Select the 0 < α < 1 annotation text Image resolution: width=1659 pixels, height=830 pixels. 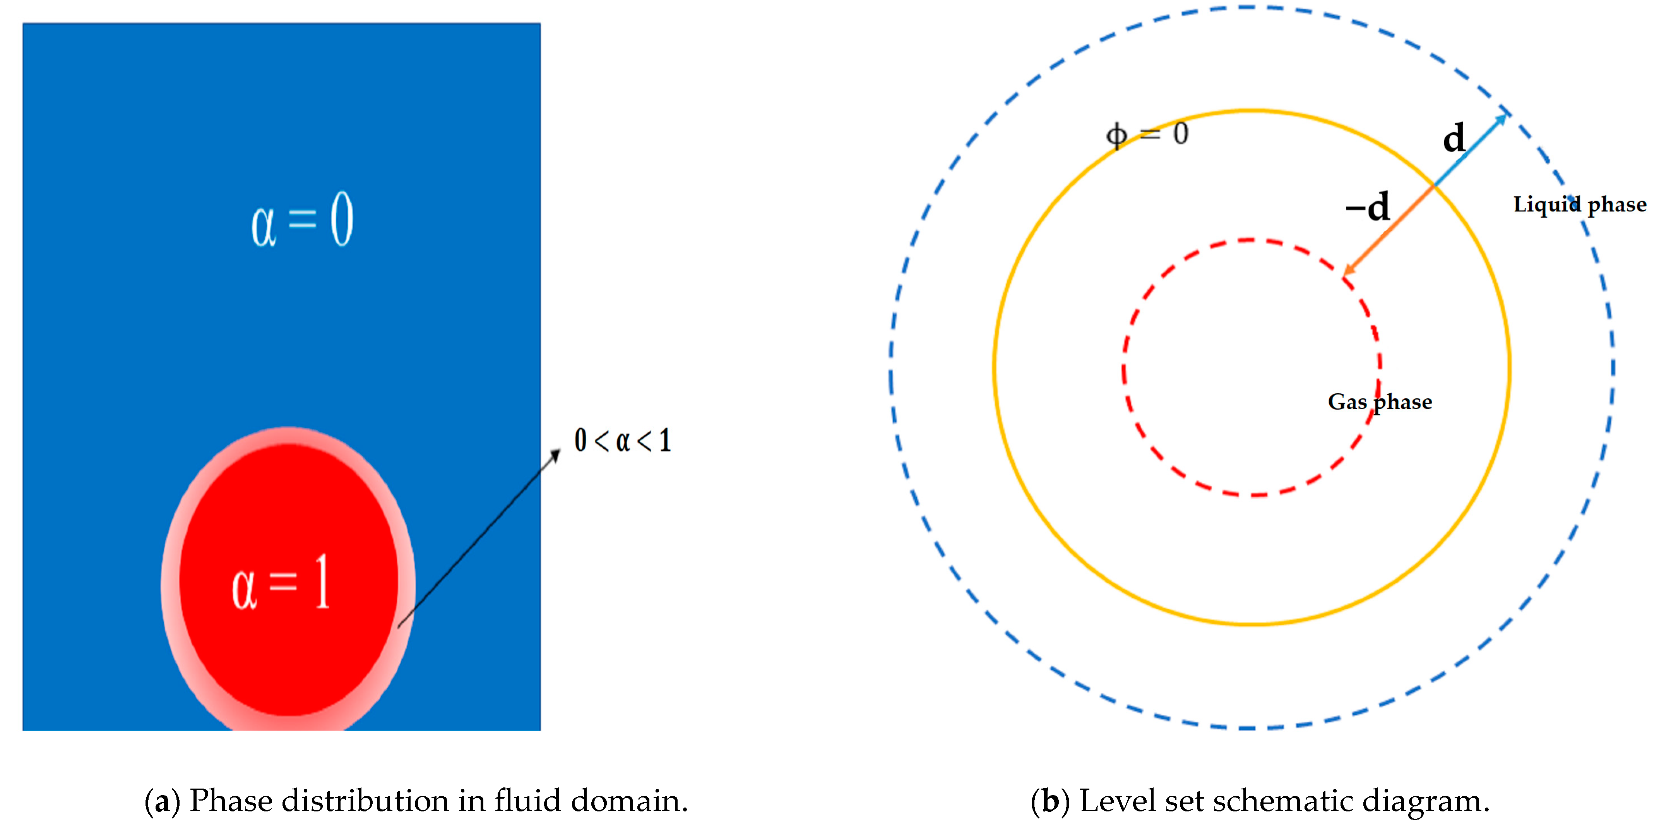click(623, 441)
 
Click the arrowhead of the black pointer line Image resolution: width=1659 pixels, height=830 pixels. click(555, 455)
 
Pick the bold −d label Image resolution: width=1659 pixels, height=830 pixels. click(1367, 207)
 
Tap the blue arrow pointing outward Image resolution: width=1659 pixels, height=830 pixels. click(1472, 149)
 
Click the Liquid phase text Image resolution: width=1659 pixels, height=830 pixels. click(1579, 205)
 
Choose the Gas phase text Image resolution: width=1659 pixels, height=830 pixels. click(1380, 402)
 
